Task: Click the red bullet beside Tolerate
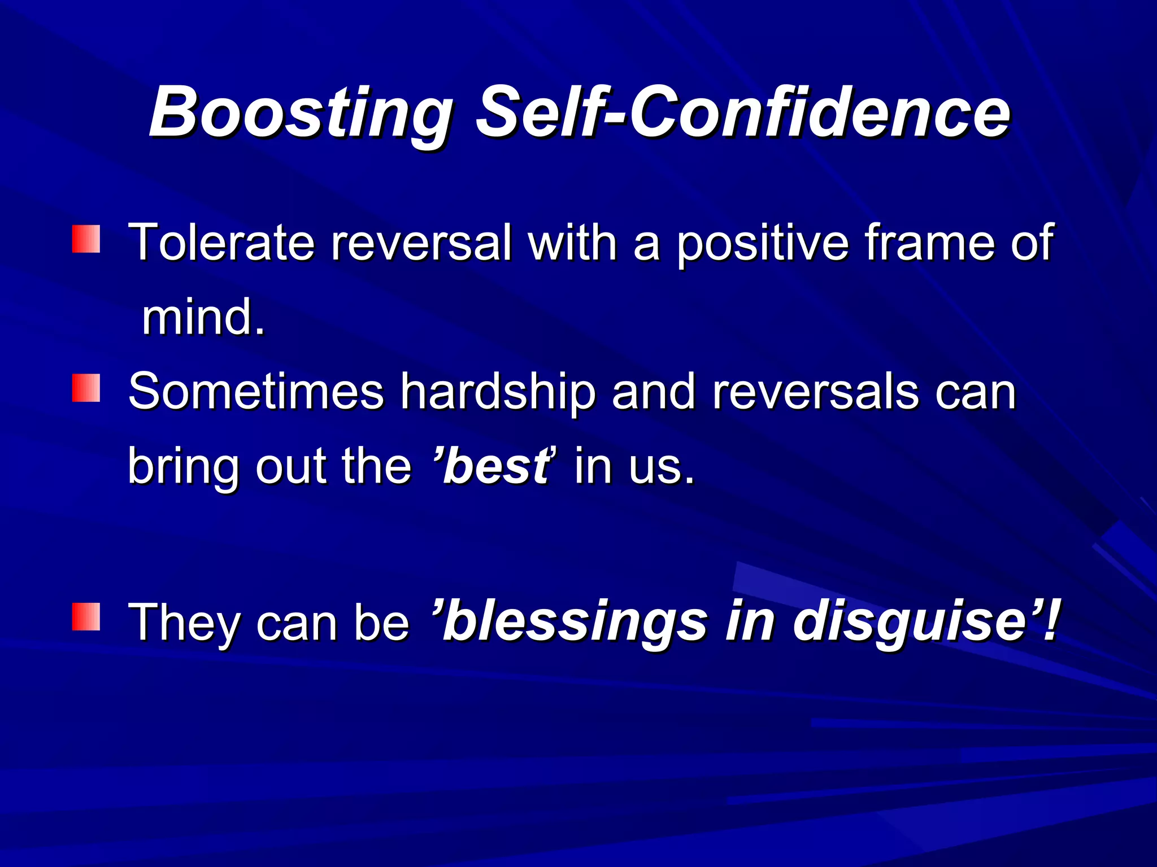(x=86, y=239)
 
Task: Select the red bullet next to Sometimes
(x=86, y=388)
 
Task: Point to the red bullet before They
(x=86, y=616)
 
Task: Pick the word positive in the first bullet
(x=763, y=243)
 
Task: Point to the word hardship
(x=498, y=392)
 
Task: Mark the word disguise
(x=910, y=621)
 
